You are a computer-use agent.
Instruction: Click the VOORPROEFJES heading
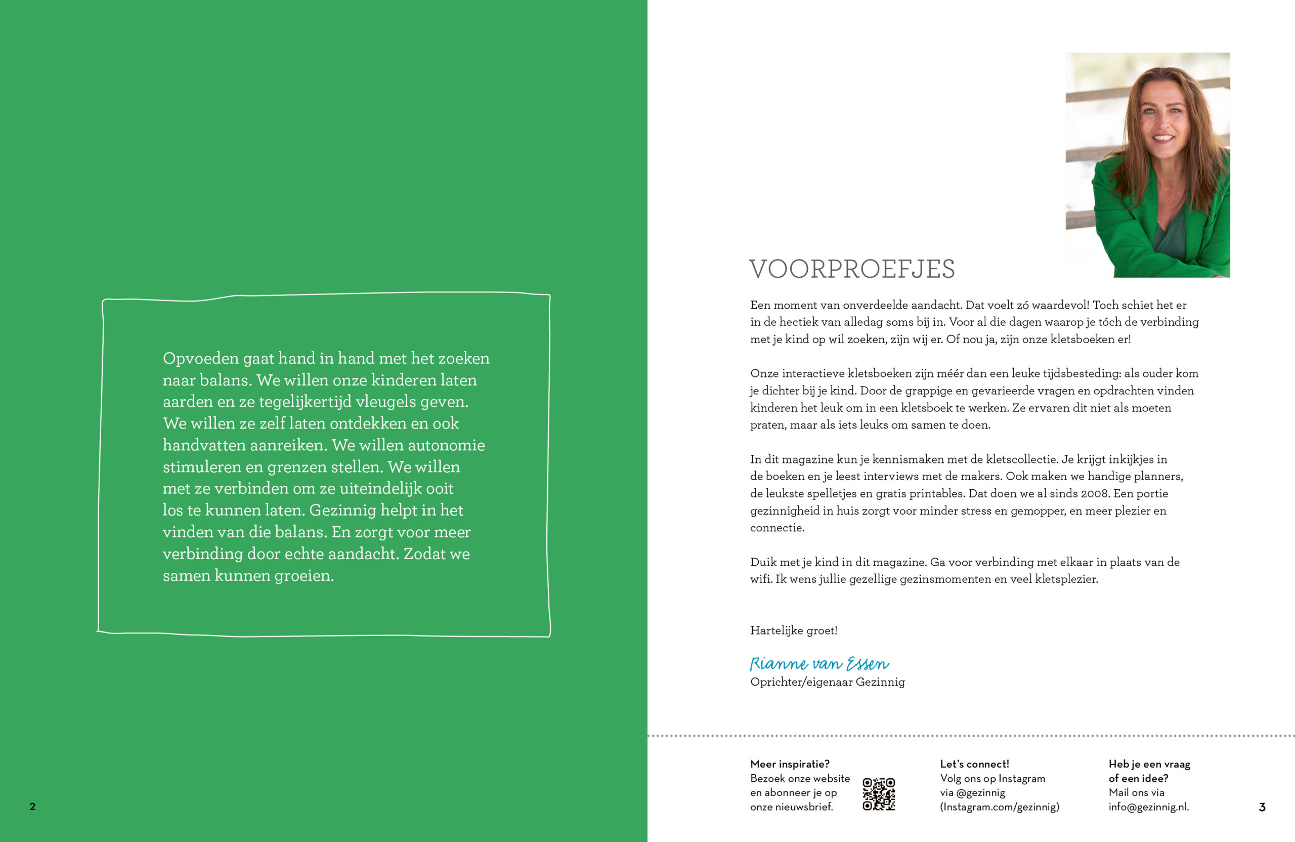[851, 269]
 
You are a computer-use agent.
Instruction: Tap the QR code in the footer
[878, 793]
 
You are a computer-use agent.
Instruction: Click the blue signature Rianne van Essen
[819, 663]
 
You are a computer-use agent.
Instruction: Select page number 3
[1262, 807]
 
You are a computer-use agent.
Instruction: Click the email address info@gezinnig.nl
[1148, 807]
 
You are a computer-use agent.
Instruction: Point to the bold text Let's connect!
[974, 764]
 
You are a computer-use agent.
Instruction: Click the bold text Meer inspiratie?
[790, 764]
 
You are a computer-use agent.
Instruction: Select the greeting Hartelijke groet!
[793, 630]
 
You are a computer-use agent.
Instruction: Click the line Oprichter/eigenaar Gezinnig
[827, 682]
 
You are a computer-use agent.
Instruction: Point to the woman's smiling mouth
[1162, 138]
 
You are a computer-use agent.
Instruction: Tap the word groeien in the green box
[303, 575]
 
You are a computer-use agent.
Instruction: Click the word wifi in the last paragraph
[760, 579]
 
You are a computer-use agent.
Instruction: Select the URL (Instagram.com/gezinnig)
[1000, 807]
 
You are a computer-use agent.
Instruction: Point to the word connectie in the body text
[776, 527]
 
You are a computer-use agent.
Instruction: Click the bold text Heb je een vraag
[1149, 764]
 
